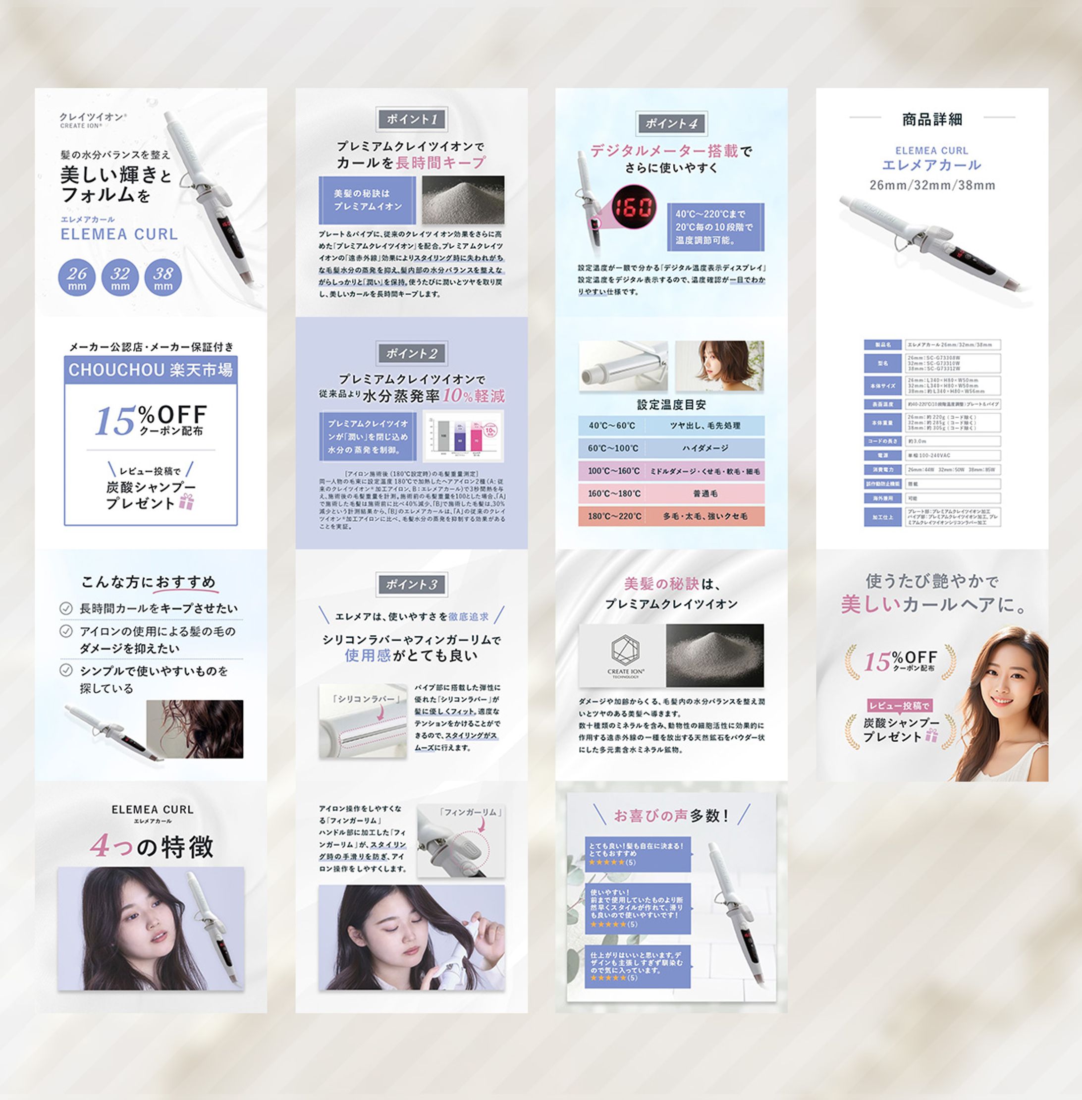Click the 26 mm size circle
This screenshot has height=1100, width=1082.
(x=77, y=277)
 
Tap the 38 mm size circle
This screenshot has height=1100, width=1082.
(x=163, y=277)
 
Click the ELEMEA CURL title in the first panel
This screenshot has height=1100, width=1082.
(x=119, y=234)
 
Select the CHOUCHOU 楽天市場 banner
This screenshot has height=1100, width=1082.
(x=151, y=370)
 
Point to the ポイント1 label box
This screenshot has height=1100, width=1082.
(x=412, y=119)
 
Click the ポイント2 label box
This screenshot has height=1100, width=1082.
(x=412, y=354)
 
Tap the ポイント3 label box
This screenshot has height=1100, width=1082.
(x=412, y=584)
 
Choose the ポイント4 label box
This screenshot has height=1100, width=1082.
(x=671, y=123)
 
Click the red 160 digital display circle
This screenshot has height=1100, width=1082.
(x=633, y=207)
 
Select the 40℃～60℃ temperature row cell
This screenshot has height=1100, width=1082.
(x=611, y=426)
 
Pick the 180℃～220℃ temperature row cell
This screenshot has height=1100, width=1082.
(x=614, y=516)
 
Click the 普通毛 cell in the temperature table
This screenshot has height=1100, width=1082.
(x=704, y=494)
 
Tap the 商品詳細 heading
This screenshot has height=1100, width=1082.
(x=932, y=119)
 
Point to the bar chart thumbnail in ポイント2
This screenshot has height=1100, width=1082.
(x=463, y=437)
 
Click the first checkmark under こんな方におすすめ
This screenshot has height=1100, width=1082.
(x=66, y=608)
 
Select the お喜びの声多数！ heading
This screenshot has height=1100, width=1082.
(x=671, y=816)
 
